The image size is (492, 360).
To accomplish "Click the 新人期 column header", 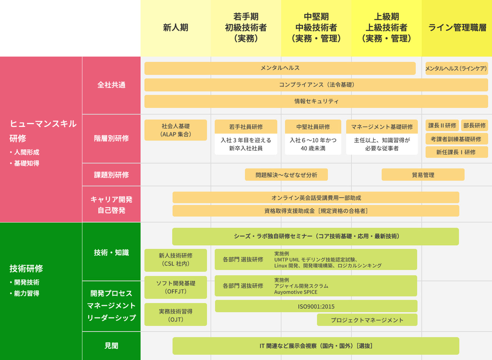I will (176, 28).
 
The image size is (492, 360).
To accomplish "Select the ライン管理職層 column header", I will (457, 28).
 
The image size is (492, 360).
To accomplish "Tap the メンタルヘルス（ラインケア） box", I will (457, 68).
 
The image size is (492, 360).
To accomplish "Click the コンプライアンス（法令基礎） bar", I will (316, 85).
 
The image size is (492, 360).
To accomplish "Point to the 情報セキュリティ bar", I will (316, 102).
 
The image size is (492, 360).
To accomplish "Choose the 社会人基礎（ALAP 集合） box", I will (176, 130).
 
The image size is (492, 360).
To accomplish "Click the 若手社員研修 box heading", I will (246, 127).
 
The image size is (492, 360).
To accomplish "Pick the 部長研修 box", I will (474, 125).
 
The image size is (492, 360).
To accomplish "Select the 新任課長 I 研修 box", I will (457, 152).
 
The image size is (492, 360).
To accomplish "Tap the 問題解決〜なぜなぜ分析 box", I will (286, 175).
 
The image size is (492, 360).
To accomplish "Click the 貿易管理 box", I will (423, 175).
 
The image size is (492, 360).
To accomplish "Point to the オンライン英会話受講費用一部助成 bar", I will (316, 198).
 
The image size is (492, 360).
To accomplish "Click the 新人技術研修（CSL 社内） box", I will (176, 260).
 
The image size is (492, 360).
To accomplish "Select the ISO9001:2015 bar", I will (316, 306).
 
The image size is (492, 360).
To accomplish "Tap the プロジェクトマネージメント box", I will (367, 320).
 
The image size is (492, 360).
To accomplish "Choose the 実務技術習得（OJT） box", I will (176, 315).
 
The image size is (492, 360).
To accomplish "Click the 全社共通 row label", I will (111, 85).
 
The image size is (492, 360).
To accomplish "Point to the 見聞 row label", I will (111, 346).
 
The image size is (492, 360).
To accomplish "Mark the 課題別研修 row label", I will (111, 175).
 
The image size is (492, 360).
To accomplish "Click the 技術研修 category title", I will (26, 268).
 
